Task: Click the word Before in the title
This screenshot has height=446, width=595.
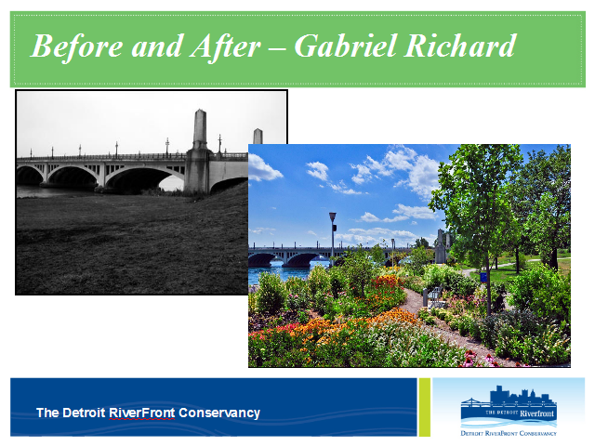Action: (76, 46)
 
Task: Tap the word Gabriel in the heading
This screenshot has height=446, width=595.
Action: (346, 46)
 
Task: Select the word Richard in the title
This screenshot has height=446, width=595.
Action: (459, 46)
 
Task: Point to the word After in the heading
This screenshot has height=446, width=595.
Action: (226, 46)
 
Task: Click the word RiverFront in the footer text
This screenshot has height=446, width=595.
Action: (142, 413)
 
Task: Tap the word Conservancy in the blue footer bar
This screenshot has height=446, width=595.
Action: (219, 413)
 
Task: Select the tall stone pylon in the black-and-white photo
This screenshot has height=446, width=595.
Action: (199, 151)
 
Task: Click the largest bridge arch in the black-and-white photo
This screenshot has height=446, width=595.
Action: (143, 178)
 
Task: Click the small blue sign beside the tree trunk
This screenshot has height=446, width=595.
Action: (483, 277)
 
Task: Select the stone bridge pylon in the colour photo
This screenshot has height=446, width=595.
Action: (440, 246)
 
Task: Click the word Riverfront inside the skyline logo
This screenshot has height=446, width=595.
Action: (536, 413)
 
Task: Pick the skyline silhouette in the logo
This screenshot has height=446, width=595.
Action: (522, 397)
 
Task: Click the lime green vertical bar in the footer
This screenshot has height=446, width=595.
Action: (424, 407)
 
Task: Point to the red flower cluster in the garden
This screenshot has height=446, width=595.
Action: (384, 282)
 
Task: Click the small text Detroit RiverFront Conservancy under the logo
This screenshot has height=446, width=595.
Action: (509, 433)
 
